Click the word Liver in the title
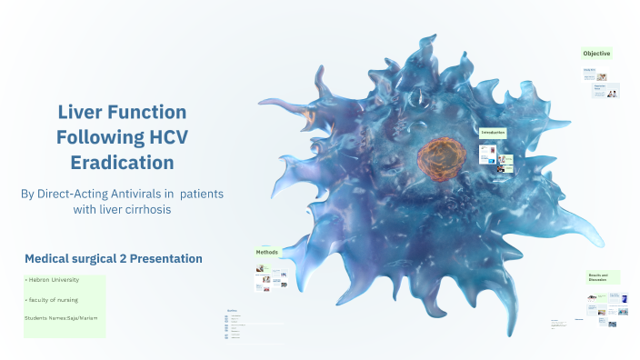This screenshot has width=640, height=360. click(x=81, y=112)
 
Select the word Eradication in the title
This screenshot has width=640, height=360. click(x=122, y=163)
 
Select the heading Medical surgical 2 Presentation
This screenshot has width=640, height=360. click(x=113, y=259)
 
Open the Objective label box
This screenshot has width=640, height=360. click(x=596, y=54)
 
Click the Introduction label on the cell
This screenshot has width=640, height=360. click(x=493, y=133)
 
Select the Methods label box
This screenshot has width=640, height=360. click(x=266, y=252)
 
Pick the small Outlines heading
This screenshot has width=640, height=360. click(x=231, y=310)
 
